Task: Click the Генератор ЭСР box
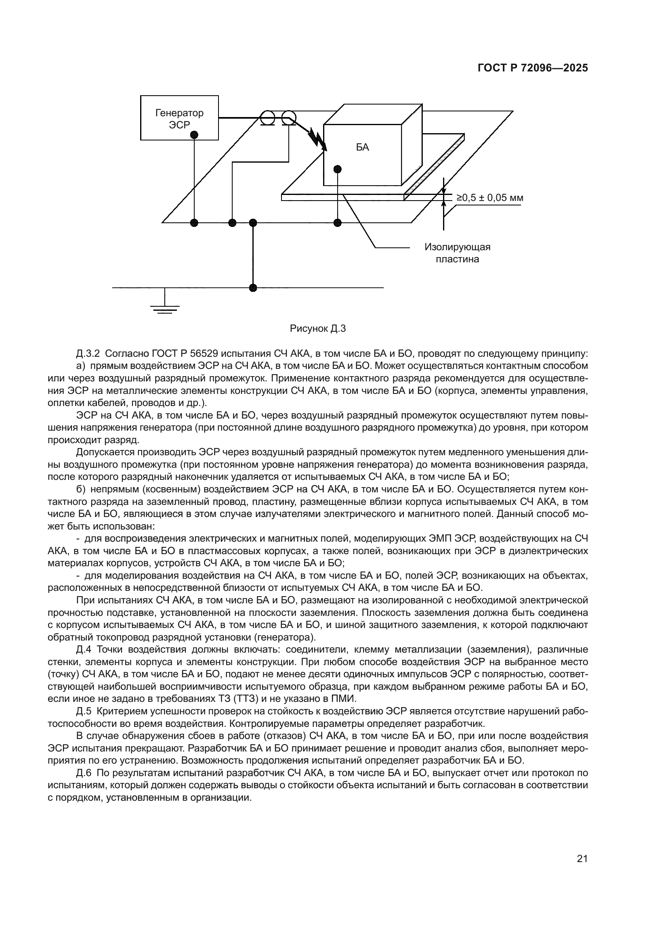(179, 118)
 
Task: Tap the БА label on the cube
(362, 148)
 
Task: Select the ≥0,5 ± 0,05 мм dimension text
(489, 198)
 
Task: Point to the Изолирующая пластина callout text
(458, 253)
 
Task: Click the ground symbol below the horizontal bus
(165, 308)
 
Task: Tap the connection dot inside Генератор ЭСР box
(195, 135)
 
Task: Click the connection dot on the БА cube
(338, 169)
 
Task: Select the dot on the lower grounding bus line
(253, 288)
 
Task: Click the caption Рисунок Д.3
(318, 329)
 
